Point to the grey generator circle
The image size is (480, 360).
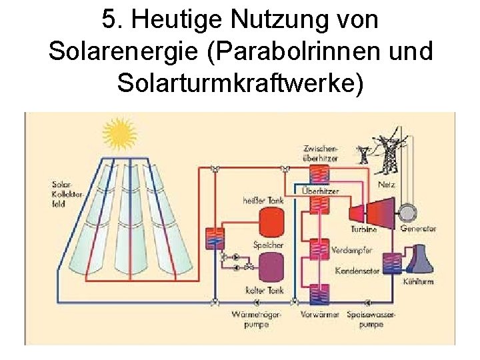click(x=407, y=212)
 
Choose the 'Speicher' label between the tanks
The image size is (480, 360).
click(x=268, y=245)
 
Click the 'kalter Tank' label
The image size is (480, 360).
click(x=265, y=291)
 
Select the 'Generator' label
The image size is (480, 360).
click(x=419, y=228)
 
